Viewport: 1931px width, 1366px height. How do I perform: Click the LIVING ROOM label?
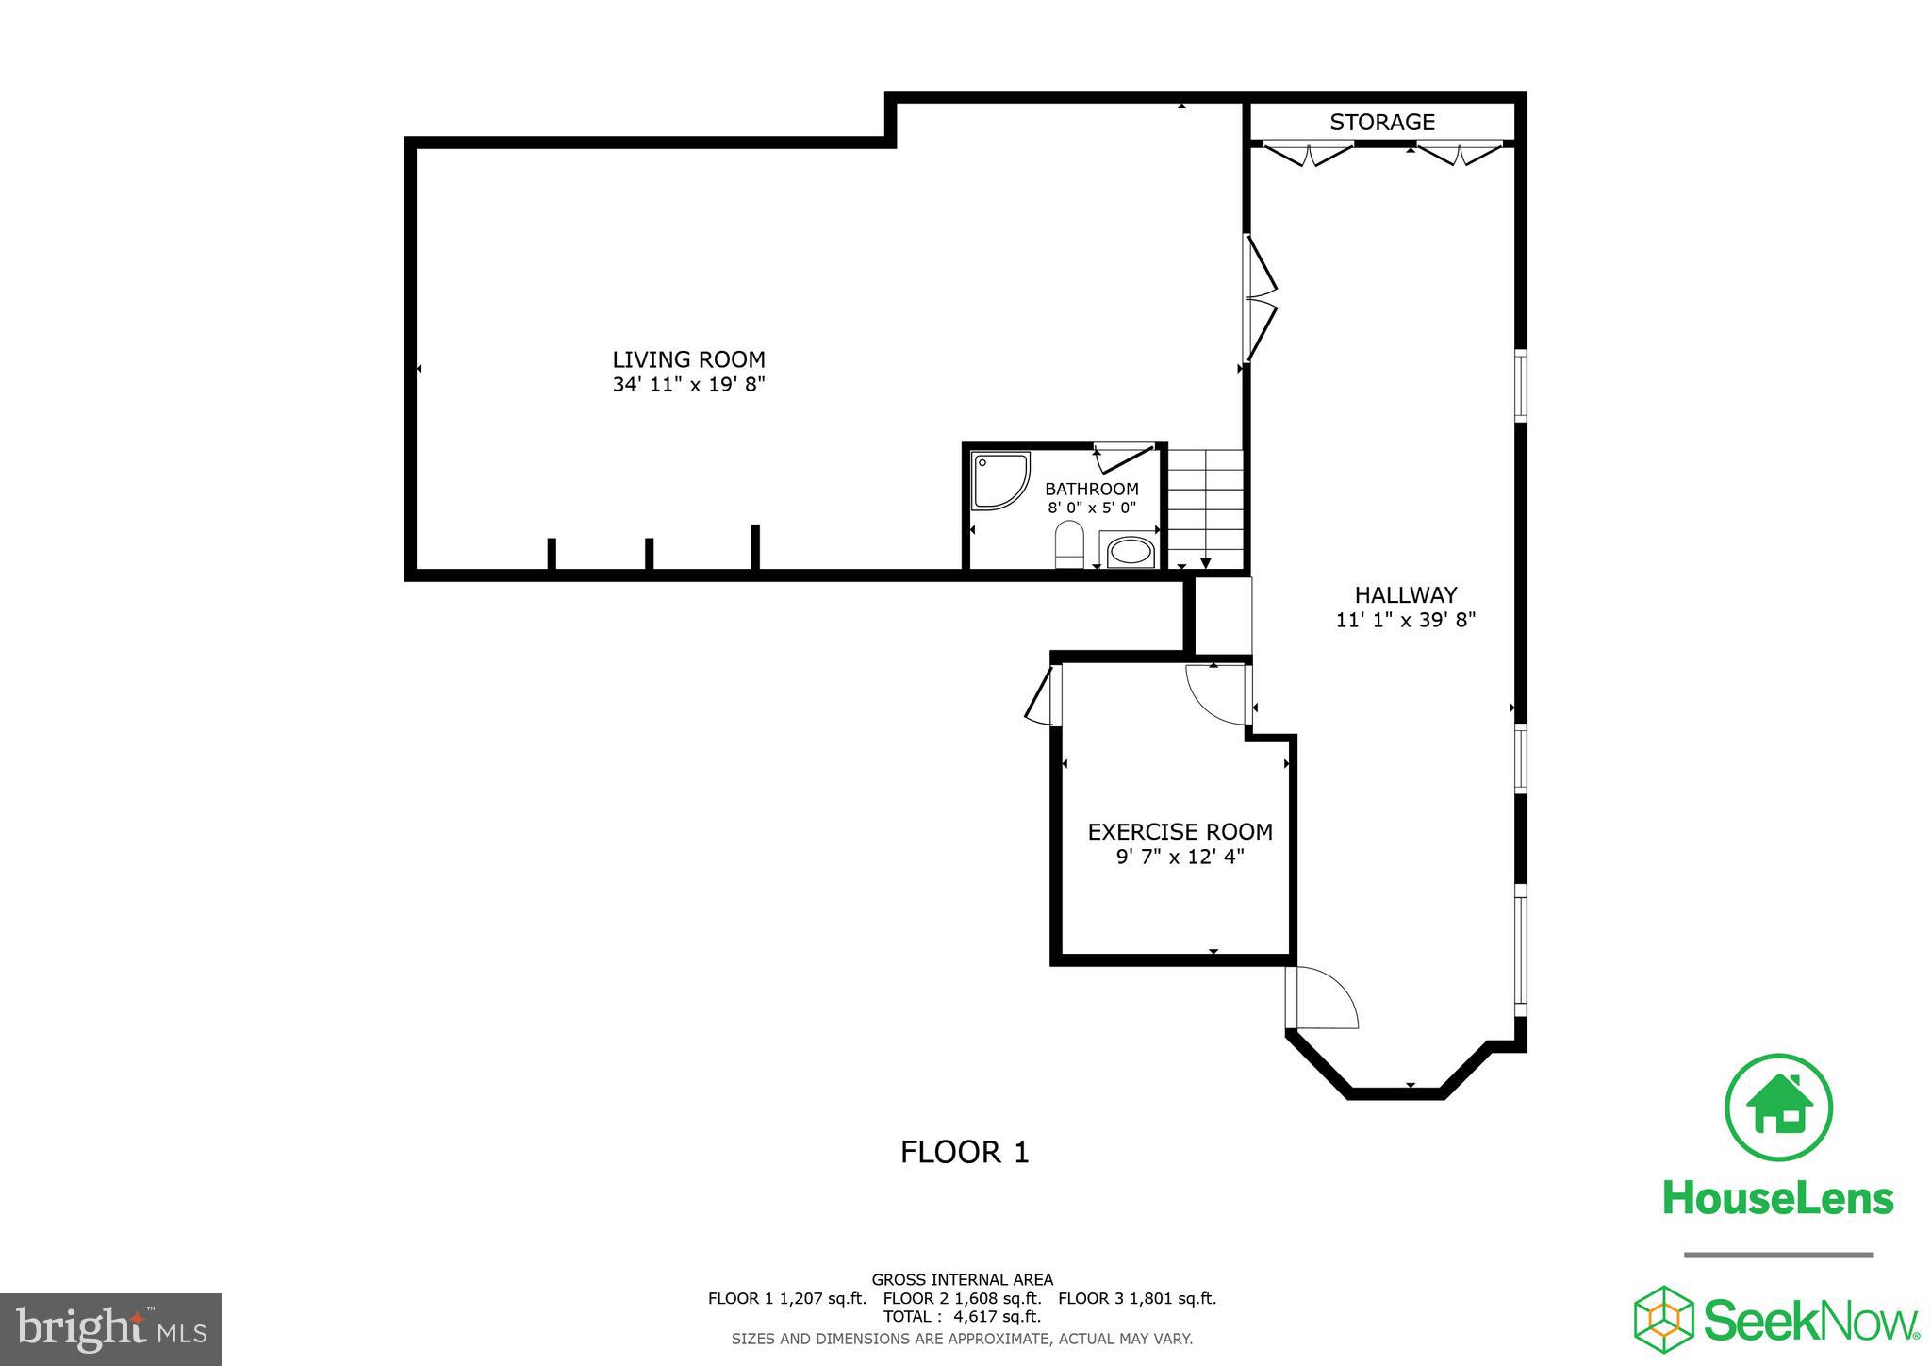click(688, 359)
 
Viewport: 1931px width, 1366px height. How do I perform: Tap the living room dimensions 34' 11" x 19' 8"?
click(688, 385)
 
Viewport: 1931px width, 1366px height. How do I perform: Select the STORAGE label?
click(1382, 122)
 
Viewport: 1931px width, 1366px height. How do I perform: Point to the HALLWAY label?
click(1406, 595)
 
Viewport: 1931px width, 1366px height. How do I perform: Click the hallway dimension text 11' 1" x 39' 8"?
click(1406, 621)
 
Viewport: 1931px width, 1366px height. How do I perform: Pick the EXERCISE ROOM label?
click(1180, 832)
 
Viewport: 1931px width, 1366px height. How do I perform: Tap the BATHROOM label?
click(1092, 489)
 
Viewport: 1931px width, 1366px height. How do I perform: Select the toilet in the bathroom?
click(1069, 545)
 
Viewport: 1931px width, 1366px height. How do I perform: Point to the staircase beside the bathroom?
click(1206, 509)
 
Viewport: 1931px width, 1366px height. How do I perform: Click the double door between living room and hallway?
click(1260, 298)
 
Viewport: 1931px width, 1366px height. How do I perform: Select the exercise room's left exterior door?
click(1042, 696)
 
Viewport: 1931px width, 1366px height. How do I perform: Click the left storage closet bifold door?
click(1307, 154)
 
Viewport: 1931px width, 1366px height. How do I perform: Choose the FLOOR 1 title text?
click(965, 1152)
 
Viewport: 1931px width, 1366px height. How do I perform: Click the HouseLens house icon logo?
click(1778, 1108)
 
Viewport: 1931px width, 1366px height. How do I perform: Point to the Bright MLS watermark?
click(111, 1329)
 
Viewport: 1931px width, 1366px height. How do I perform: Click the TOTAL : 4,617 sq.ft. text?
click(962, 1317)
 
